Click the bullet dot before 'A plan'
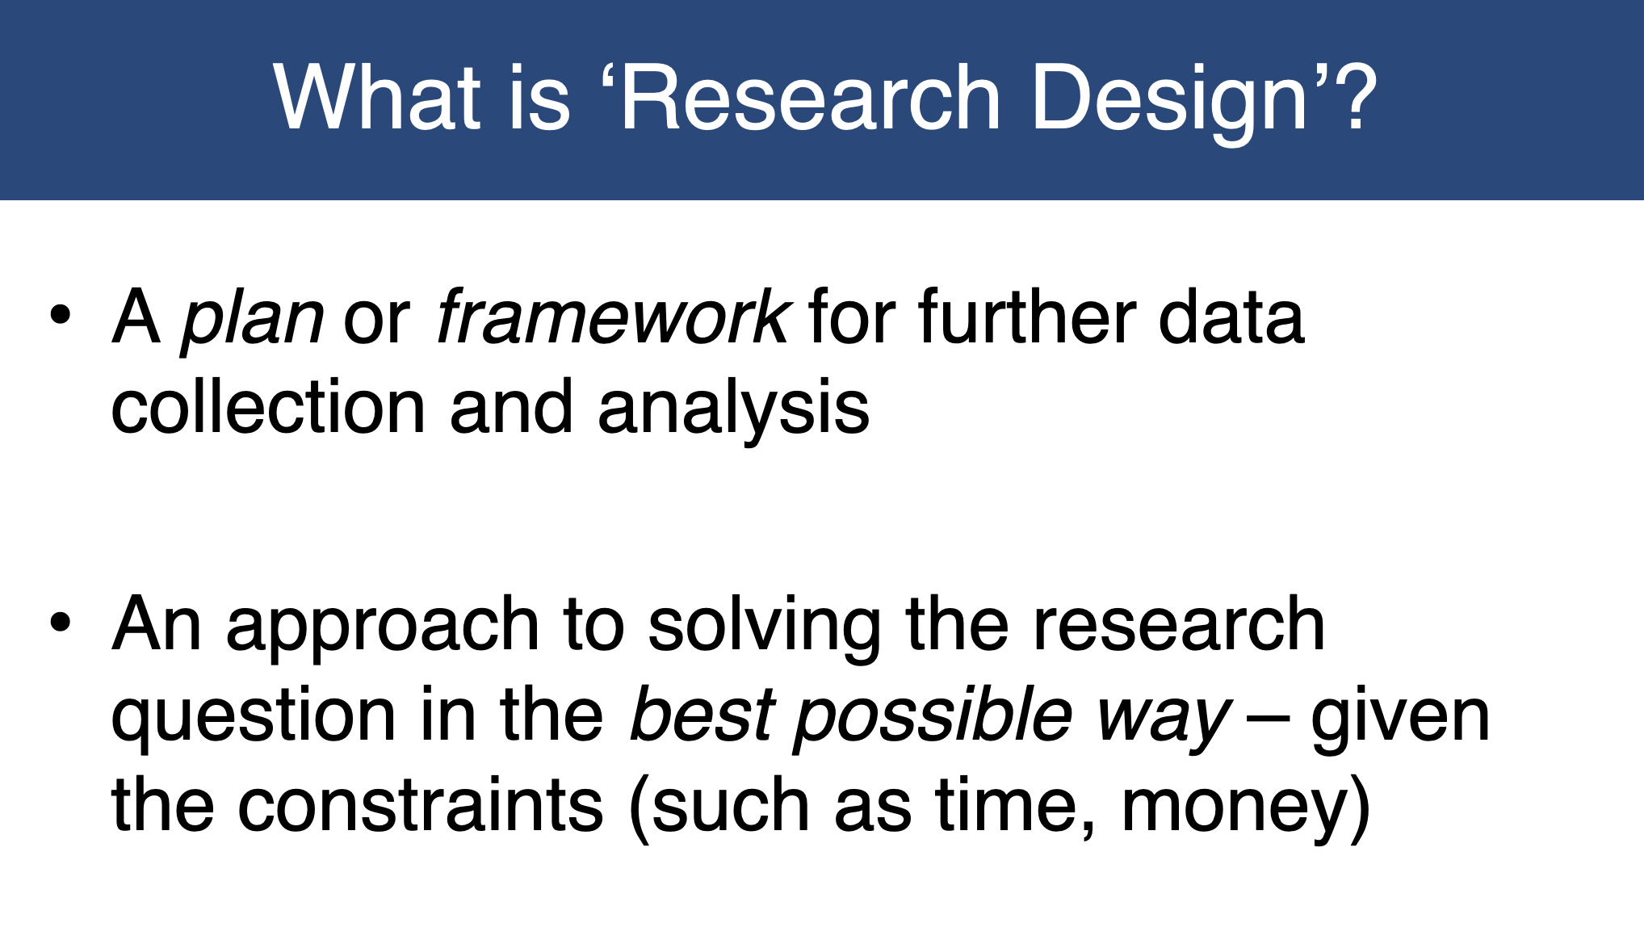[61, 314]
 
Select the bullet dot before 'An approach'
[61, 623]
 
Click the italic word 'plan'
[252, 321]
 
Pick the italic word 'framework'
[612, 317]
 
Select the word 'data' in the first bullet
[1231, 317]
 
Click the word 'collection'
[268, 406]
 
